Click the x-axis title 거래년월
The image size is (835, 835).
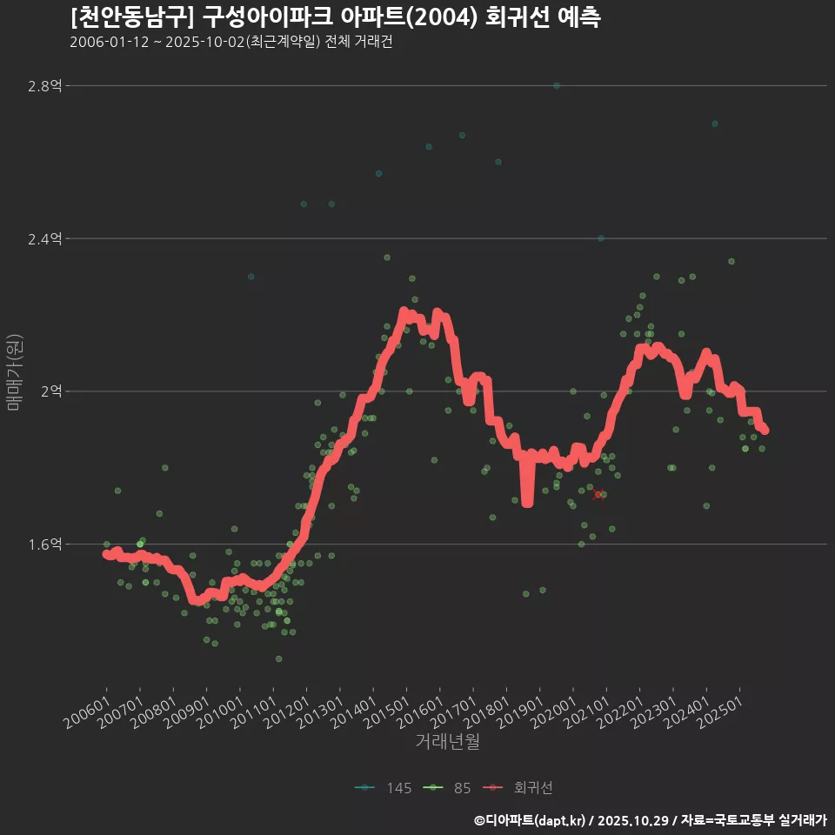pyautogui.click(x=447, y=742)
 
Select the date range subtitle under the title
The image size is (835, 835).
pyautogui.click(x=230, y=42)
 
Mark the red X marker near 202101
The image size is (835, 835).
pyautogui.click(x=598, y=494)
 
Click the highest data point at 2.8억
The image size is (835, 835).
pyautogui.click(x=557, y=85)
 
